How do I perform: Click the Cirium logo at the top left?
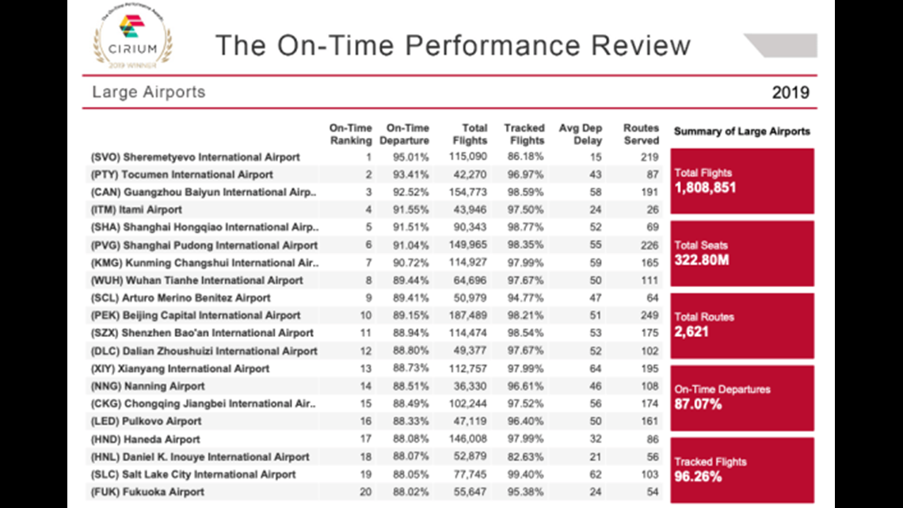[x=132, y=36]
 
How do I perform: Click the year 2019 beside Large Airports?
[x=791, y=92]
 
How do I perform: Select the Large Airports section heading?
[x=149, y=92]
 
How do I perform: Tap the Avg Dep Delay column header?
[x=580, y=134]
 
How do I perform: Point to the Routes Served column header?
[x=640, y=134]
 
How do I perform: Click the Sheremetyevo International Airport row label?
[x=195, y=157]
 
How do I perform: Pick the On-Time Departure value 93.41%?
[x=410, y=174]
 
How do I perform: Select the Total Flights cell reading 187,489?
[x=467, y=315]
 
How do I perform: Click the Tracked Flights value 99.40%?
[x=525, y=474]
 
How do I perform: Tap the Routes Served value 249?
[x=650, y=315]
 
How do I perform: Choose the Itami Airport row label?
[x=136, y=210]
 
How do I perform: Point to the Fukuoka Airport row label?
[x=147, y=492]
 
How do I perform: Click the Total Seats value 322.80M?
[x=702, y=260]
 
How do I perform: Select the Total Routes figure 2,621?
[x=691, y=332]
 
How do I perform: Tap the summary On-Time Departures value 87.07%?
[x=698, y=403]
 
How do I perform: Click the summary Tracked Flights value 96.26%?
[x=698, y=476]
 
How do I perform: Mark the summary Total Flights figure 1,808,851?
[x=705, y=188]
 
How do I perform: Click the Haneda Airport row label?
[x=145, y=440]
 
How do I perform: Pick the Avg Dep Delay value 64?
[x=596, y=369]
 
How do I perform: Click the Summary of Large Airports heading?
[x=741, y=132]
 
